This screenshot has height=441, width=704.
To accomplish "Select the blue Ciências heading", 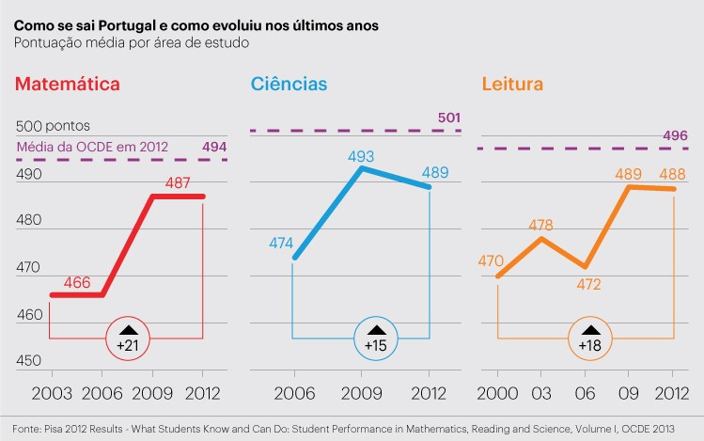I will tap(289, 84).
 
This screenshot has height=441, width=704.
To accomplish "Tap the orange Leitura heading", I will tap(512, 84).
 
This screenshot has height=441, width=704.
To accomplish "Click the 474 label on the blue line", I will tap(281, 243).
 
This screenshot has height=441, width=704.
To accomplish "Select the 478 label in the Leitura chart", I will tap(540, 226).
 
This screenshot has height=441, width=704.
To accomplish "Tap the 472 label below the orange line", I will tap(587, 283).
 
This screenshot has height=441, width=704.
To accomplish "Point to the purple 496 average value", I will tap(675, 135).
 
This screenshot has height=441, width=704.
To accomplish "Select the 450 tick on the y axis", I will tap(29, 361).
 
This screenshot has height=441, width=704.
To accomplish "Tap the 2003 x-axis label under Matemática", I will tap(45, 392).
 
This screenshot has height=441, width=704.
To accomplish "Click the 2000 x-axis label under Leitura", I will tap(498, 392).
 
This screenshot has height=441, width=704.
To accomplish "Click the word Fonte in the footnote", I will tap(27, 428).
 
